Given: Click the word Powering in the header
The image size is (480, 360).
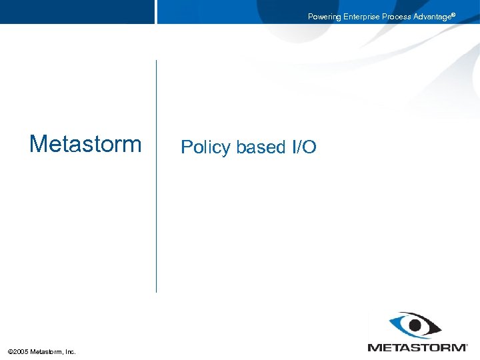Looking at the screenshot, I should coord(324,17).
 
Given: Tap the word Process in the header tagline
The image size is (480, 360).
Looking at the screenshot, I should coord(397,17).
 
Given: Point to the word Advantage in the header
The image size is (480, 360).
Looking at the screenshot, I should coord(432,17).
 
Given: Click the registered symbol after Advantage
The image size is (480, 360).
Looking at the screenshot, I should coord(453,14).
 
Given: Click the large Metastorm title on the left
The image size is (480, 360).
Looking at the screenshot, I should coord(85,144).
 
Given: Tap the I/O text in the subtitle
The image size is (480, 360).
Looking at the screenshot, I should coord(304,147).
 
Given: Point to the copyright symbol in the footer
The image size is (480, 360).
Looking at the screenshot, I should coord(9,351).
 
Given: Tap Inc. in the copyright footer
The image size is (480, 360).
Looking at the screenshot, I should coord(71,351).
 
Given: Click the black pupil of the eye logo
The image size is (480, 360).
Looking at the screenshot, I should coord(417,325).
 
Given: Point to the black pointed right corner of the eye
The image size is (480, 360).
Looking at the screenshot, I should coord(439,325).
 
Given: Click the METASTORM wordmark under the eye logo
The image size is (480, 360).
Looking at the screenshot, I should coord(417,347).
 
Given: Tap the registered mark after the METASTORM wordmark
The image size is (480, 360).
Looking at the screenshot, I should coord(467,345).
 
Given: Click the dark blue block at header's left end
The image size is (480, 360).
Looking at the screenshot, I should coord(77,12).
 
